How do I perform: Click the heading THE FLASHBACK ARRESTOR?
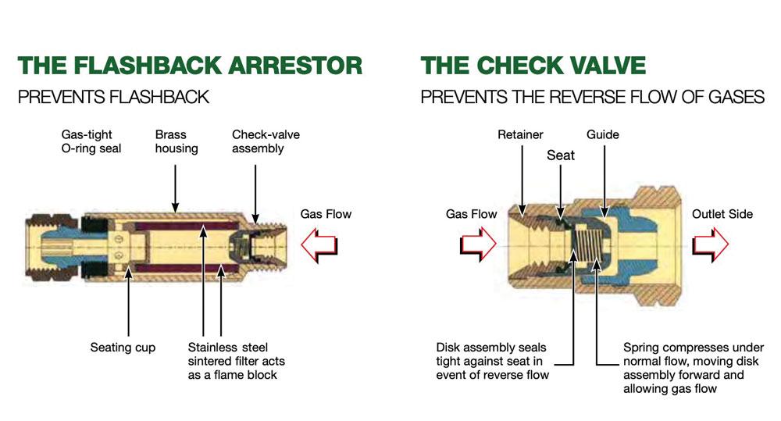click(x=190, y=66)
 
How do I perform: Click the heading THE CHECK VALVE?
click(x=533, y=66)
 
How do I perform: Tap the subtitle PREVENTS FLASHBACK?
click(x=113, y=97)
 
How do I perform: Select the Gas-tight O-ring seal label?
click(x=91, y=141)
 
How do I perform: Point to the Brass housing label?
click(x=177, y=141)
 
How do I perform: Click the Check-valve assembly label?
click(x=266, y=141)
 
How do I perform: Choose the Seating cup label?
click(x=123, y=348)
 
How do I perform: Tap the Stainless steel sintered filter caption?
click(x=236, y=361)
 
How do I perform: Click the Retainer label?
click(x=520, y=134)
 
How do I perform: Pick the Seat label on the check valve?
click(x=560, y=155)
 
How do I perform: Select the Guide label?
click(x=603, y=134)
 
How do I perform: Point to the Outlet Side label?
click(x=722, y=214)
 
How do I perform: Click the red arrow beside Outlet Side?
click(x=710, y=244)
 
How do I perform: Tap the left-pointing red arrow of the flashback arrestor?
click(x=319, y=245)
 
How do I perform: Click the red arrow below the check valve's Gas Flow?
click(x=478, y=244)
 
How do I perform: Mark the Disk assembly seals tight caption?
click(x=492, y=361)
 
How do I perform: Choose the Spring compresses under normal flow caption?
click(x=694, y=368)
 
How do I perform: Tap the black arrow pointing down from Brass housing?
click(x=175, y=188)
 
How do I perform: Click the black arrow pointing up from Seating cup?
click(x=129, y=302)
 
